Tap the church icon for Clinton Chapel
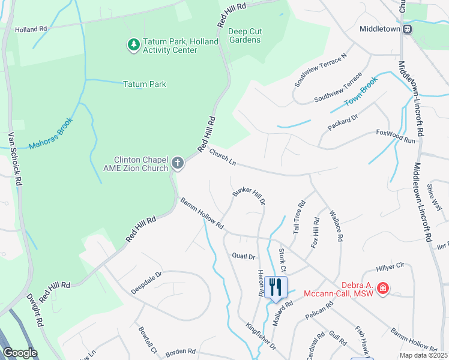pos(177,163)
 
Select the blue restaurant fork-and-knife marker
pos(276,287)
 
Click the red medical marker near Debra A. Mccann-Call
pos(382,290)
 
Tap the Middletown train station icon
pos(408,29)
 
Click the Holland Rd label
pos(31,28)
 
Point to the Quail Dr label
pos(244,256)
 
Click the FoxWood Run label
pos(396,136)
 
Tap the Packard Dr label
pos(343,122)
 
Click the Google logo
pos(20,353)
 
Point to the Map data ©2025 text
pos(423,355)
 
